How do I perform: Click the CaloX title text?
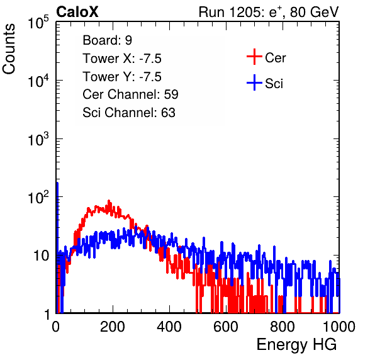coord(77,12)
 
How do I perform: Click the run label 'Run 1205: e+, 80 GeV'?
coord(269,12)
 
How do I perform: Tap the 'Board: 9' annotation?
coord(107,40)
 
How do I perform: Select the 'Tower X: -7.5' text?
coord(122,59)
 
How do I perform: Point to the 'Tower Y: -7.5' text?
coord(122,77)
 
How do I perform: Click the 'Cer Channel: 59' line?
coord(130,94)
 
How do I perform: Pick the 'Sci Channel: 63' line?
coord(129,113)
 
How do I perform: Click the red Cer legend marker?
coord(254,57)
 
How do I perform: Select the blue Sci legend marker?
coord(254,83)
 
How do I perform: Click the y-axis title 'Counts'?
coord(9,49)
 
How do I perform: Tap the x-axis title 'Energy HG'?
coord(296,344)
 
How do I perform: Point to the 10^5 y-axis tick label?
coord(38,22)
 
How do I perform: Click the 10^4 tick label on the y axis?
coord(38,81)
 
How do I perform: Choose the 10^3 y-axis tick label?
coord(38,138)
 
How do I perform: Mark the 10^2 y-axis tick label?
coord(38,197)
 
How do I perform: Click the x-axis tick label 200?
coord(113,327)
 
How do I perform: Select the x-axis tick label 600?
coord(226,327)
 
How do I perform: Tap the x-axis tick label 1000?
coord(339,327)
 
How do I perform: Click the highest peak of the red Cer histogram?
coord(109,201)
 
